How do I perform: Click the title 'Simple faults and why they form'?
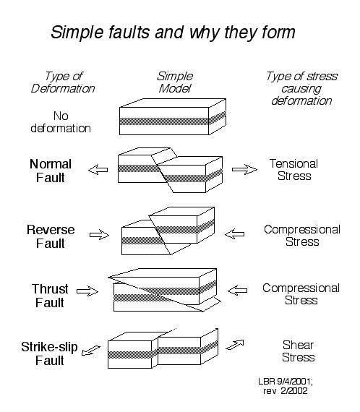[173, 33]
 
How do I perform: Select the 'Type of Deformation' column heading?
[63, 82]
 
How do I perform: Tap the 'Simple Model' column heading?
[175, 82]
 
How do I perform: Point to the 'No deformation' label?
[61, 122]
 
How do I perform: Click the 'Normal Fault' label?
[51, 171]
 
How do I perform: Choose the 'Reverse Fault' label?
[51, 236]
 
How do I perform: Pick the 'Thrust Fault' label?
[50, 296]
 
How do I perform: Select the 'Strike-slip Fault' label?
[49, 353]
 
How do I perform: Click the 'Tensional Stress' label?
[293, 170]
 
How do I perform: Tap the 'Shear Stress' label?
[299, 351]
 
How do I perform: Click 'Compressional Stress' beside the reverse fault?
[302, 236]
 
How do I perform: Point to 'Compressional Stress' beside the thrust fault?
[301, 294]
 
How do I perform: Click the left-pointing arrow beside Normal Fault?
[98, 170]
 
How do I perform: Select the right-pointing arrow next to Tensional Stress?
[244, 169]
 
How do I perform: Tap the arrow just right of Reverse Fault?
[99, 235]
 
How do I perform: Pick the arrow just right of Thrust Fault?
[87, 291]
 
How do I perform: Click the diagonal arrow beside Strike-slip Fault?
[91, 351]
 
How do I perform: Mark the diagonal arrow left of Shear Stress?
[235, 345]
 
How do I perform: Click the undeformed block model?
[173, 117]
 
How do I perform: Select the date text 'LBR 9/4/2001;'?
[286, 381]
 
